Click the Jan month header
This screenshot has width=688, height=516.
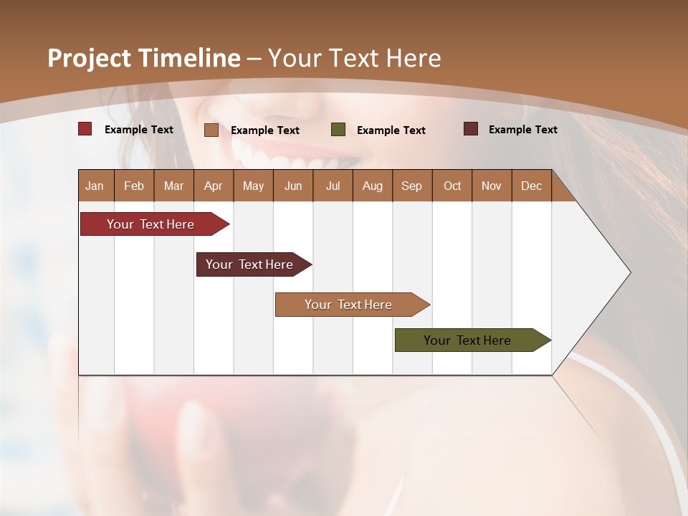point(95,186)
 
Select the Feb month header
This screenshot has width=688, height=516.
point(134,186)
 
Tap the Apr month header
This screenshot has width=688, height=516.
point(214,186)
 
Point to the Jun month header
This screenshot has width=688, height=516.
point(293,186)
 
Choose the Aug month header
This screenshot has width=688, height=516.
point(373,186)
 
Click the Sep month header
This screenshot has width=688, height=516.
point(412,186)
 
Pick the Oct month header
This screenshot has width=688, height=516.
point(452,186)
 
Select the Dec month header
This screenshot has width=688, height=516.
point(532,186)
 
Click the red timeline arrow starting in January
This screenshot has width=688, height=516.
point(151,224)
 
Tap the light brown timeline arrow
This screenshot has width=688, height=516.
point(349,305)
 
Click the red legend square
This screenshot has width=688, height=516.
point(85,129)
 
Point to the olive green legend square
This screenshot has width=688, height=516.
point(338,130)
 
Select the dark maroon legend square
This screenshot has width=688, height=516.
point(471,129)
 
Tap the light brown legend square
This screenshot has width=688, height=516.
point(211,130)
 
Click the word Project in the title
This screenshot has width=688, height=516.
point(89,58)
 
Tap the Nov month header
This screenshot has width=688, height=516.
point(492,186)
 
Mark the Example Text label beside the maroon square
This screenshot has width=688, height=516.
point(523,130)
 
